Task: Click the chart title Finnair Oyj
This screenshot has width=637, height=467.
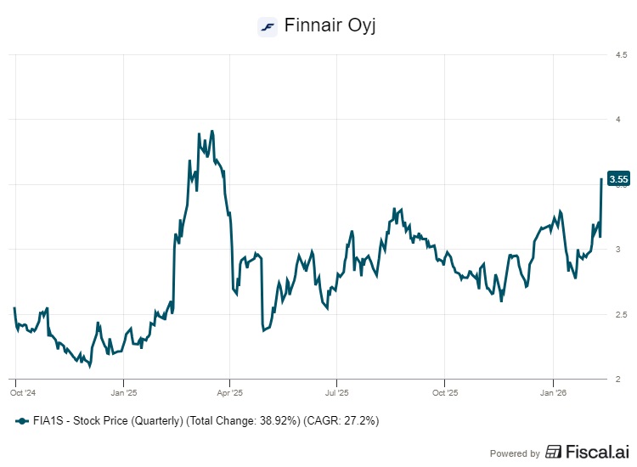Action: (x=330, y=25)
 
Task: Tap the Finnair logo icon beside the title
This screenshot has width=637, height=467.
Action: (x=268, y=26)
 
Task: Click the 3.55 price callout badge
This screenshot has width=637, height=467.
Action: (x=619, y=178)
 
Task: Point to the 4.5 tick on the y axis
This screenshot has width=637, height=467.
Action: (x=622, y=55)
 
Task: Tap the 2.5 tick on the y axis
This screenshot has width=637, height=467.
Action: (x=622, y=315)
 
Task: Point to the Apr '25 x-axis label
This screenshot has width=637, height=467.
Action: (x=230, y=393)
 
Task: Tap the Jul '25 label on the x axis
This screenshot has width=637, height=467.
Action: (x=337, y=393)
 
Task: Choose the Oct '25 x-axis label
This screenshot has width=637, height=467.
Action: (x=445, y=393)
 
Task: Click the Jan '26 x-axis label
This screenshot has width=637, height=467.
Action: (x=553, y=393)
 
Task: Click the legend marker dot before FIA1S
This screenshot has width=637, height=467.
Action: (x=21, y=421)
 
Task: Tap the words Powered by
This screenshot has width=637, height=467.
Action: (x=516, y=453)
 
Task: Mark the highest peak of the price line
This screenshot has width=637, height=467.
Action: (x=211, y=131)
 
